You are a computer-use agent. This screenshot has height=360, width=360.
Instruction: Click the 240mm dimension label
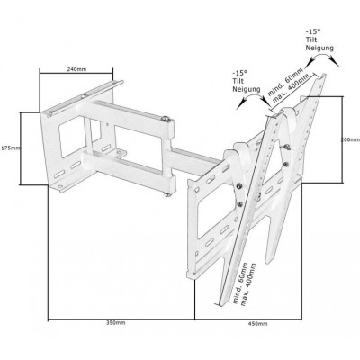click(x=76, y=69)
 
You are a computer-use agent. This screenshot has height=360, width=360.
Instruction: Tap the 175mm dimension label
click(x=10, y=148)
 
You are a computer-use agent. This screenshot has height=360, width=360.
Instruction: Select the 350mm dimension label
click(x=116, y=323)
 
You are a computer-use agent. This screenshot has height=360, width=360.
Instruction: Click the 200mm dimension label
click(x=350, y=139)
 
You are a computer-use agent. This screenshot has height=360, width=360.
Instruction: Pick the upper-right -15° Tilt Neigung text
click(x=319, y=40)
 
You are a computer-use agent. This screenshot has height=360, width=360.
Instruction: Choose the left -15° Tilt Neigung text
click(x=247, y=81)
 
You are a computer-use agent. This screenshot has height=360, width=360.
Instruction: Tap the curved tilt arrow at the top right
click(x=323, y=58)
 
